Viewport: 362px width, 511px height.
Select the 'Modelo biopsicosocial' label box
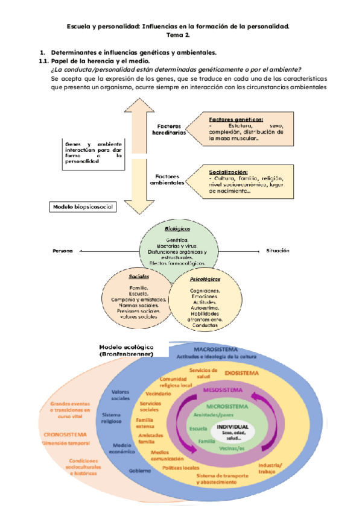click(x=82, y=207)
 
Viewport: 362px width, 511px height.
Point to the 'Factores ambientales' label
click(x=169, y=179)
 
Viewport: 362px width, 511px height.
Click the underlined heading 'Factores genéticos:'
click(x=236, y=119)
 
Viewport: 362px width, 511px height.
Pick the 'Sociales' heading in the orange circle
click(x=139, y=277)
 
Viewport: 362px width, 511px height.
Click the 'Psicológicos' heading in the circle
click(x=205, y=280)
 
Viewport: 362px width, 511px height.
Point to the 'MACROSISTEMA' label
click(x=215, y=350)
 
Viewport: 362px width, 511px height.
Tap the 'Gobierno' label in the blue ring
click(x=139, y=470)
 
